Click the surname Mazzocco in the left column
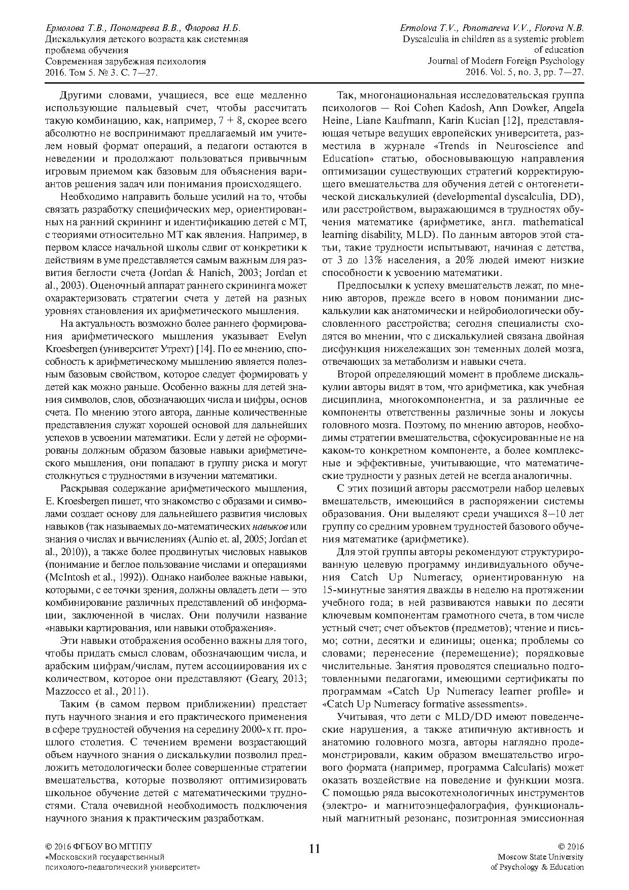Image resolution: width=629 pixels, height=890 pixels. [x=64, y=691]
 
